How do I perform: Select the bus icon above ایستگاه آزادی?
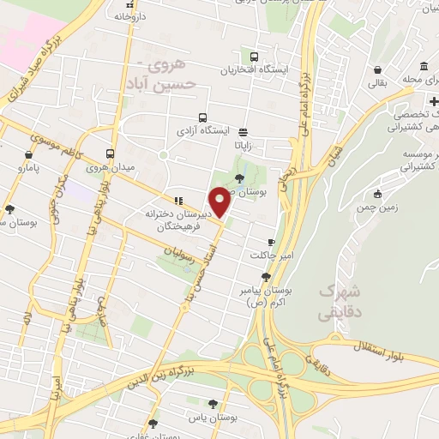(x=202, y=118)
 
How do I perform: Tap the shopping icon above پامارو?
(x=29, y=155)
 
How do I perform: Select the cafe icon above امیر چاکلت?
(x=272, y=243)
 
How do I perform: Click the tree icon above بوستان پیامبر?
(x=266, y=276)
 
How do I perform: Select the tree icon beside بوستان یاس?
(x=213, y=403)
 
